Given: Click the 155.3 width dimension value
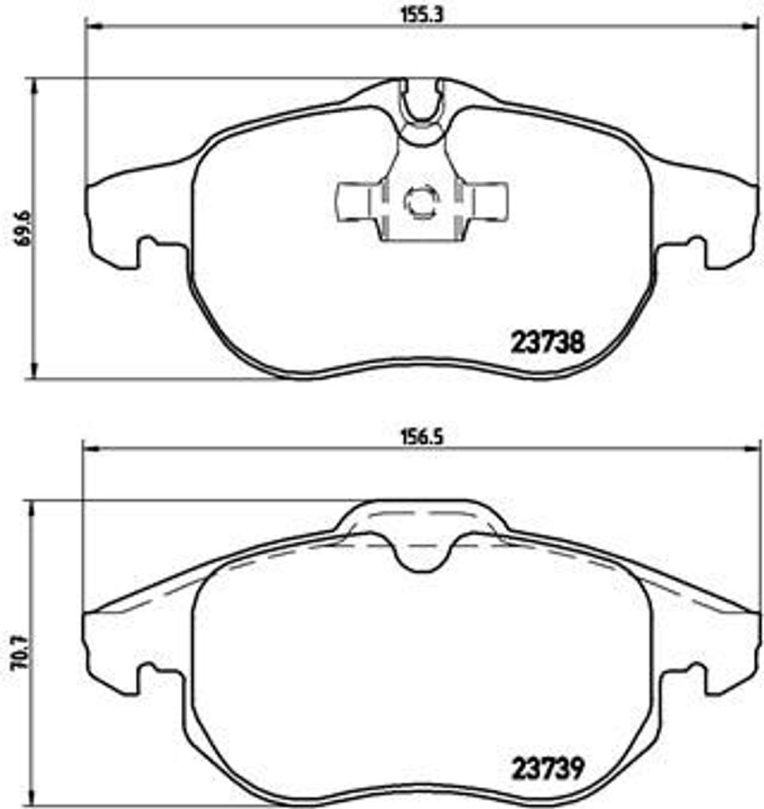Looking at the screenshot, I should point(420,12).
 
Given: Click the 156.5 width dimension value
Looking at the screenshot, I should point(420,434).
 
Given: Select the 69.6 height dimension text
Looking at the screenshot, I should point(22,228).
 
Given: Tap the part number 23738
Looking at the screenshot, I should point(548,342).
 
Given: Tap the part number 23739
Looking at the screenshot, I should point(548,766).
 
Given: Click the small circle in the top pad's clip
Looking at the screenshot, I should point(419,201).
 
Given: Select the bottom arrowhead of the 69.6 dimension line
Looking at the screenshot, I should point(34,373).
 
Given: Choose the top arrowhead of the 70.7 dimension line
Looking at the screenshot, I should point(34,506).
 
